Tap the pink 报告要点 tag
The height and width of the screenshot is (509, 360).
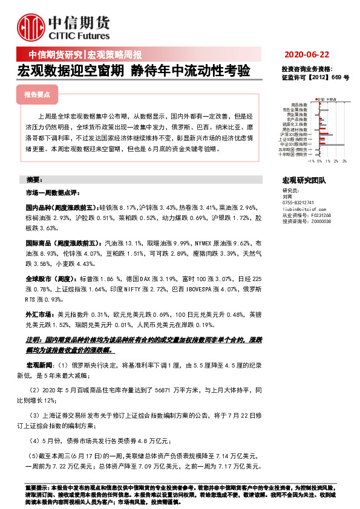tap(41, 95)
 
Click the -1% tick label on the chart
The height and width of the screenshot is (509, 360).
tap(311, 161)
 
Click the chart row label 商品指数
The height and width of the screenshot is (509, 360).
tap(299, 105)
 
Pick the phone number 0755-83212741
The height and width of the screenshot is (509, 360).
tap(298, 202)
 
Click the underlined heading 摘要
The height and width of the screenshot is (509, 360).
tap(34, 180)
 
